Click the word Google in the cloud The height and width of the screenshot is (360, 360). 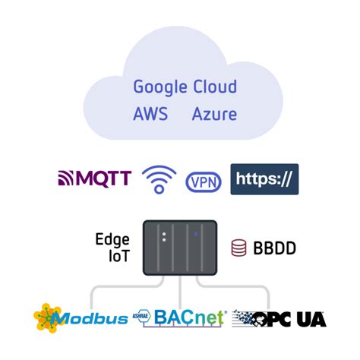[x=160, y=87]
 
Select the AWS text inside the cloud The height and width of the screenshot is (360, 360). [x=150, y=115]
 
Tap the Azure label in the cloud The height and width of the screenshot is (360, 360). [x=213, y=115]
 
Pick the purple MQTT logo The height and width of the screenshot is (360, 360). [x=95, y=178]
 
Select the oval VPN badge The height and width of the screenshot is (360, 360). [x=204, y=182]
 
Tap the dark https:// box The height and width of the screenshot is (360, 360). [x=264, y=179]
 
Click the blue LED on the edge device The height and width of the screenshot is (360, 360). [x=196, y=235]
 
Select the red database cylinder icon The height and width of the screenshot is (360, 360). [x=238, y=248]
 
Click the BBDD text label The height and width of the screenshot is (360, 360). [x=274, y=248]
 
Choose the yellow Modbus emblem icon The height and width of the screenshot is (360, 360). [x=47, y=317]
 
